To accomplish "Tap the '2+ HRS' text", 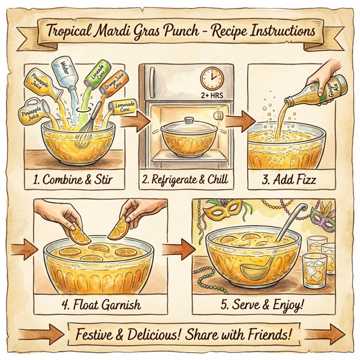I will click(211, 95).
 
